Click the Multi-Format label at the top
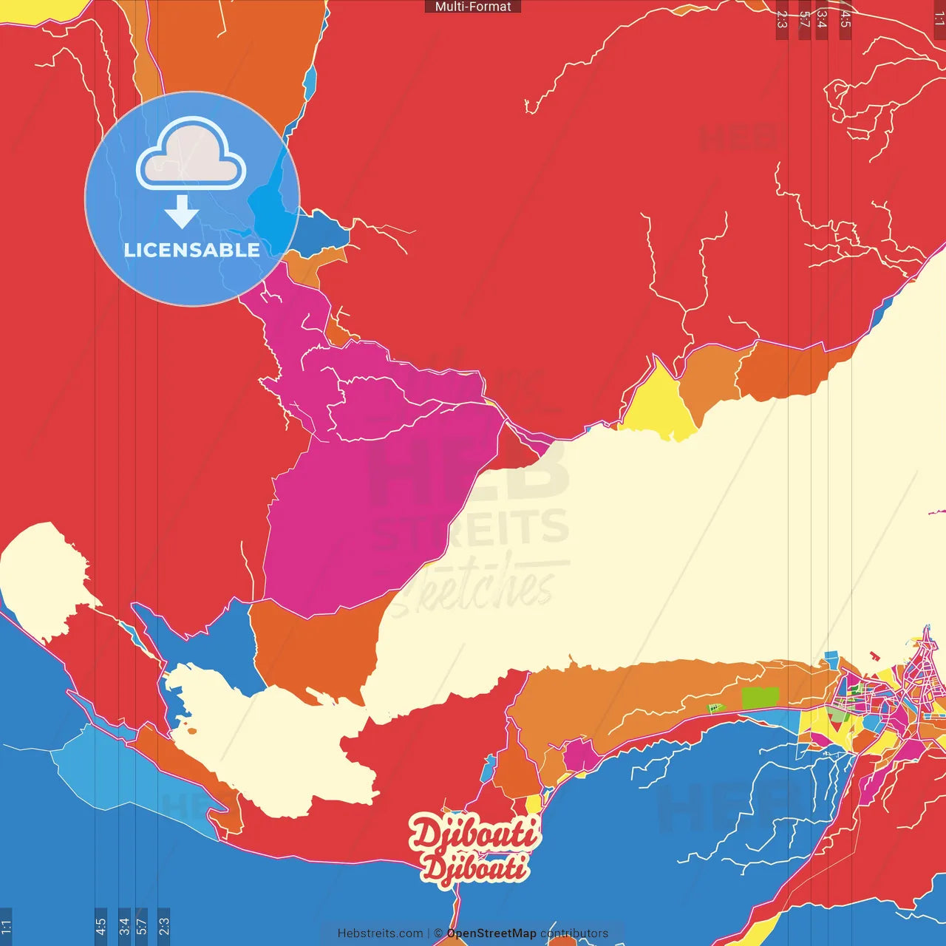coord(473,7)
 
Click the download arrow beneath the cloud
coord(182,213)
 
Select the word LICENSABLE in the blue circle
coord(192,250)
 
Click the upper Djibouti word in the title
coord(474,834)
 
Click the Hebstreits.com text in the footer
coord(380,933)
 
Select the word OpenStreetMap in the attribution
coord(491,933)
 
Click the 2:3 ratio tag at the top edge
coord(782,19)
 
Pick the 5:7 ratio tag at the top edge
coord(804,19)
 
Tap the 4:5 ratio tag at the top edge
coord(845,19)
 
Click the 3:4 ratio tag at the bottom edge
coord(124,926)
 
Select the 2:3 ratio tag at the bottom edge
coord(163,926)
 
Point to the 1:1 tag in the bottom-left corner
coord(6,926)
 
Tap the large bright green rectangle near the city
coord(760,698)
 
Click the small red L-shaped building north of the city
coord(874,655)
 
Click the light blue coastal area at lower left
coord(111,769)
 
